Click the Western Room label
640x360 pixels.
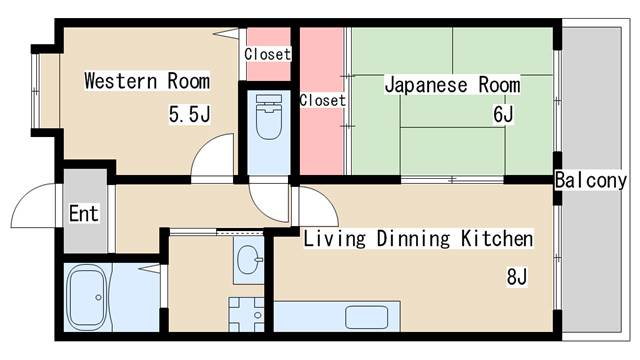pyautogui.click(x=146, y=80)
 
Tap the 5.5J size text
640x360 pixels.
pyautogui.click(x=189, y=114)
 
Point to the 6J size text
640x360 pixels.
pyautogui.click(x=502, y=114)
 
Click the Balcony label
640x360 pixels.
pyautogui.click(x=590, y=181)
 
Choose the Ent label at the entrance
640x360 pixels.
pyautogui.click(x=83, y=213)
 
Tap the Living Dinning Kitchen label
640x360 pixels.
pyautogui.click(x=418, y=239)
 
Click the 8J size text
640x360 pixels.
pyautogui.click(x=516, y=276)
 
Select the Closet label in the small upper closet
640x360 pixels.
pyautogui.click(x=267, y=54)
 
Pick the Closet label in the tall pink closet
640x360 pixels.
pyautogui.click(x=322, y=100)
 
